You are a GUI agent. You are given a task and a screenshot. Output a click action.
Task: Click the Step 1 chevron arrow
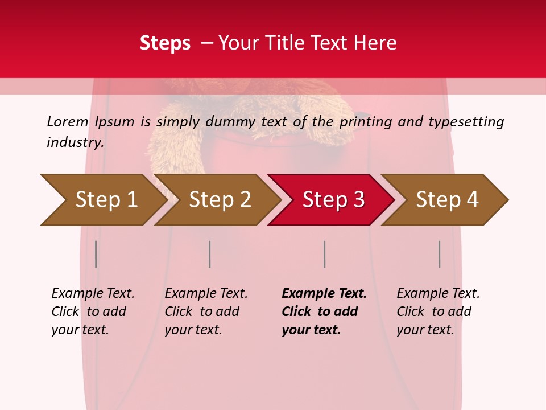(x=102, y=200)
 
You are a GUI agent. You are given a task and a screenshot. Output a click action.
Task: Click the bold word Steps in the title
(x=165, y=43)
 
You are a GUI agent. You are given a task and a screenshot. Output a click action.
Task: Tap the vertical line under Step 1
(x=96, y=254)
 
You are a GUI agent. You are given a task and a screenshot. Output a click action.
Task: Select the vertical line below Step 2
(x=210, y=254)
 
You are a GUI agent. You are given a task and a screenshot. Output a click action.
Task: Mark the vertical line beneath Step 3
(x=324, y=254)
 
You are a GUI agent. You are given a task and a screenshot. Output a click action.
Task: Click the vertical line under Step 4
(x=439, y=254)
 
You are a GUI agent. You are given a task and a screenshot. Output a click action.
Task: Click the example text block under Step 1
(x=93, y=311)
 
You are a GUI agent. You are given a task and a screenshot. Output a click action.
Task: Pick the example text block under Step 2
(x=206, y=311)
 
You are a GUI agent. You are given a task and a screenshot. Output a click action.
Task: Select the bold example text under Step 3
(x=324, y=311)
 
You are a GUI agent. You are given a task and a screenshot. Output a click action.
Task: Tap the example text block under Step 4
(x=438, y=311)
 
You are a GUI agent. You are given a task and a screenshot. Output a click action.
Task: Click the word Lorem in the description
(x=68, y=121)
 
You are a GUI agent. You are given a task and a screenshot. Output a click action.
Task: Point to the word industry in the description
(x=75, y=142)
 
